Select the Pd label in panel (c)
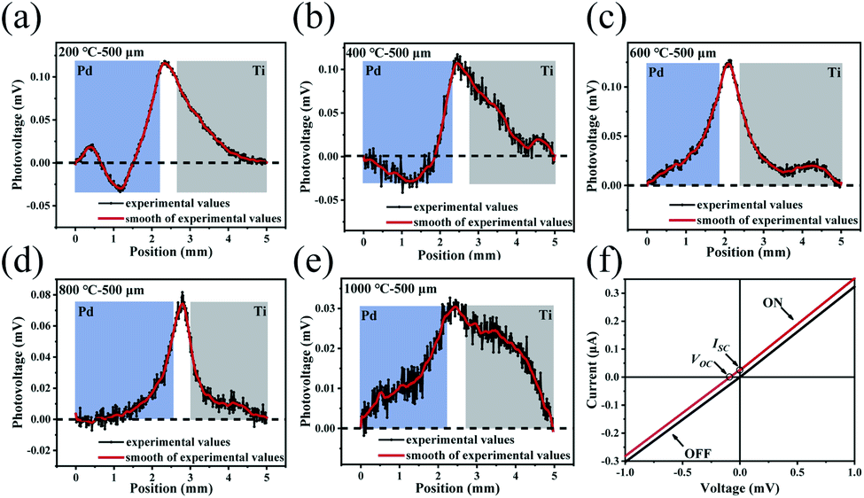tap(658, 74)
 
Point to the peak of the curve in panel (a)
tap(165, 62)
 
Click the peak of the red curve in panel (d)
tap(182, 303)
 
